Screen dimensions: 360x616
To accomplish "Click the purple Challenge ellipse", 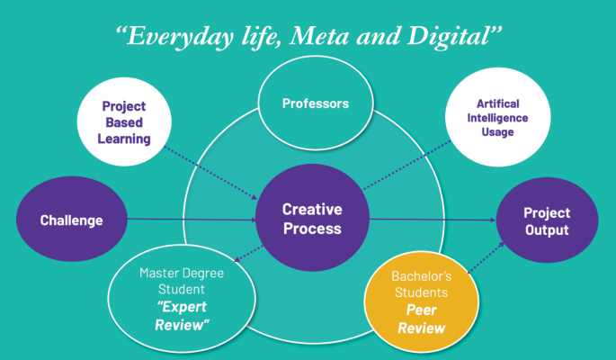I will [x=71, y=220].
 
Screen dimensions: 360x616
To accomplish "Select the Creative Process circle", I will [x=313, y=219].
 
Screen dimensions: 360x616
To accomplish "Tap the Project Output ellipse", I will [x=547, y=220].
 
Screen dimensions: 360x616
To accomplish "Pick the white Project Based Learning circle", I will [x=124, y=122].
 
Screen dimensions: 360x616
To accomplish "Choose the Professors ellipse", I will [x=315, y=103].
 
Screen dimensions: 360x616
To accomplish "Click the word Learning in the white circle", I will [x=124, y=139].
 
